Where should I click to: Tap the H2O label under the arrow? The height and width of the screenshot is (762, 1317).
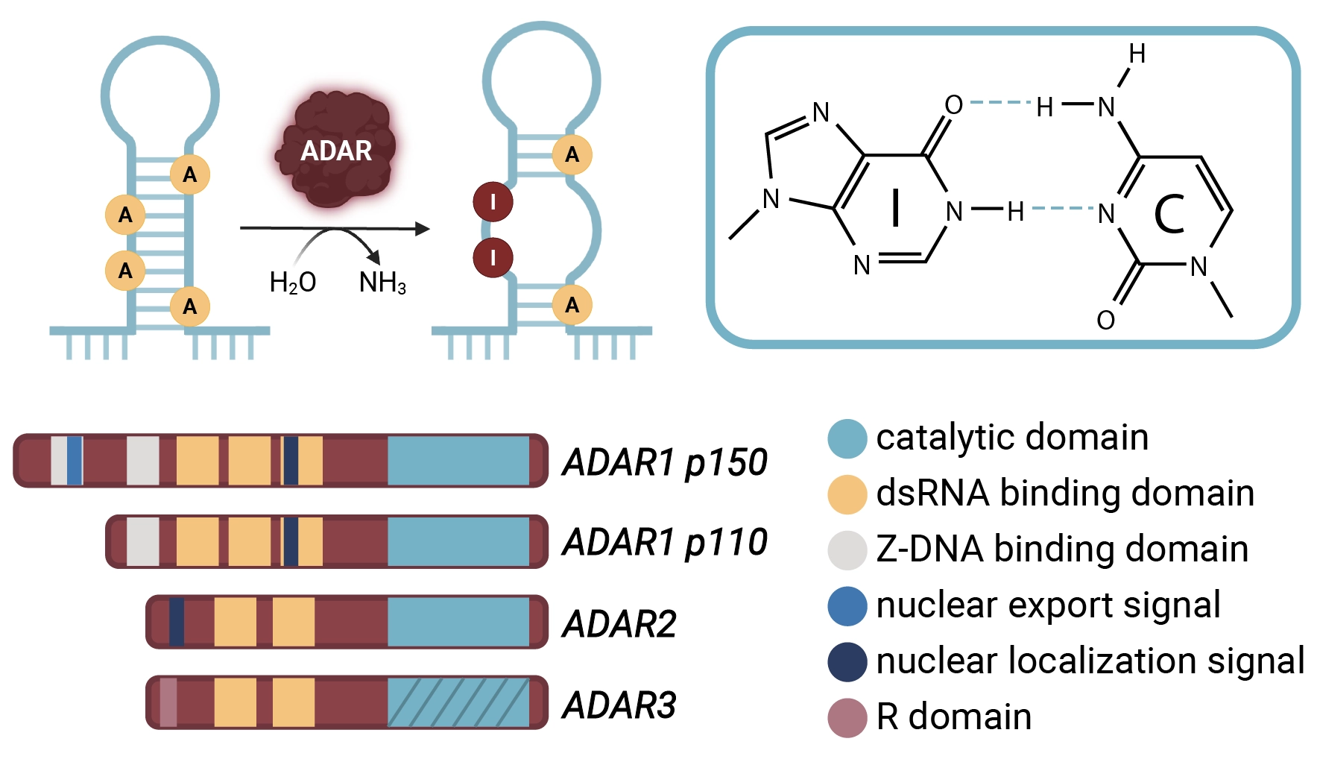pos(293,283)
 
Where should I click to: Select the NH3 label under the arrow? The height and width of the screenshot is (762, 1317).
pos(382,283)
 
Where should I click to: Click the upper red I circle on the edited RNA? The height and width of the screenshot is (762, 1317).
pos(493,202)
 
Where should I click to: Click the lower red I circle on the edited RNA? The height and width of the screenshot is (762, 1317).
pos(493,258)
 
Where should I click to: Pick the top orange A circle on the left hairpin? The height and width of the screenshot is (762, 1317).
pos(190,174)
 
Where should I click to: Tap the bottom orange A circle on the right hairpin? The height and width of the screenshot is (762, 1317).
pos(572,305)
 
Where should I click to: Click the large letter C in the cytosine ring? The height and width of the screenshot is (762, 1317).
pos(1169,215)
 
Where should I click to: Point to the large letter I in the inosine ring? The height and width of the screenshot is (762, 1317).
pos(896,207)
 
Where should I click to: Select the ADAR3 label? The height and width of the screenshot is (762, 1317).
pos(619,705)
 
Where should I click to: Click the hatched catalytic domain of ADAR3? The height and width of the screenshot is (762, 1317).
pos(458,702)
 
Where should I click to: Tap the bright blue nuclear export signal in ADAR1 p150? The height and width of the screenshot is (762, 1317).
pos(74,461)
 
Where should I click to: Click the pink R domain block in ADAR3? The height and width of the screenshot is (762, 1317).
pos(168,702)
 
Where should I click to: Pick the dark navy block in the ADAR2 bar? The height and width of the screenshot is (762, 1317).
pos(177,622)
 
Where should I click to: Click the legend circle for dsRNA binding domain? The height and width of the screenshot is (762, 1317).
pos(847,494)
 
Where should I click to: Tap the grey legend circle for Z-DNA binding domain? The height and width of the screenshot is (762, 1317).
pos(847,550)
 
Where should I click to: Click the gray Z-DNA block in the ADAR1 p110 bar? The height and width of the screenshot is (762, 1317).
pos(142,541)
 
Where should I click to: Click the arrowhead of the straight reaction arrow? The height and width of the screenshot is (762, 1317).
pos(423,229)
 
